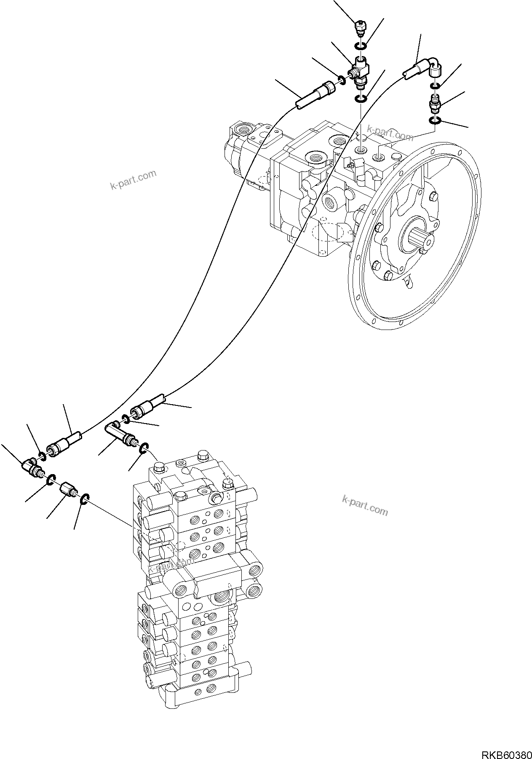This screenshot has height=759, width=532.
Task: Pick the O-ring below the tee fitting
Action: point(361,99)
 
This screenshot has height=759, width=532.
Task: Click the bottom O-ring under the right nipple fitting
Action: point(435,121)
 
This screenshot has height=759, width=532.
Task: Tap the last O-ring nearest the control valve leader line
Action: point(84,499)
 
